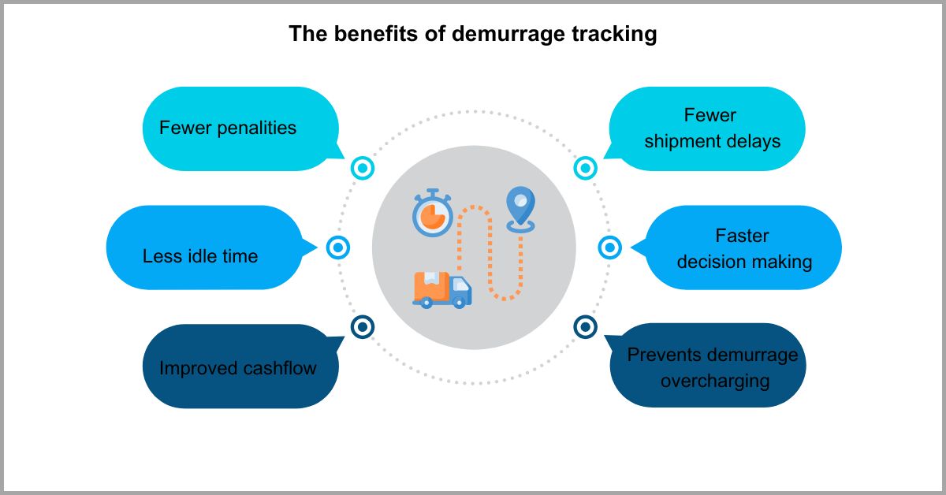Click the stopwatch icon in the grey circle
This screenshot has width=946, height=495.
click(x=432, y=213)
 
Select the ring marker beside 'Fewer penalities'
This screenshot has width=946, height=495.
click(x=362, y=168)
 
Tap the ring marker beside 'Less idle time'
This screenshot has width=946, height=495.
click(x=337, y=247)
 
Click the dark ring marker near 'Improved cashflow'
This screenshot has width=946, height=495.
click(x=362, y=326)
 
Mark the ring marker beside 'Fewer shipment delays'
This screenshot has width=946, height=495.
click(x=585, y=168)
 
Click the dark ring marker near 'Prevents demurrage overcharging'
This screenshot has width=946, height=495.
click(x=585, y=326)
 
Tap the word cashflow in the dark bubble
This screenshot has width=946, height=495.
click(x=277, y=368)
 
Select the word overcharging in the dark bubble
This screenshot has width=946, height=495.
click(x=714, y=381)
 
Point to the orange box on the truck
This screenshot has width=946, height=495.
click(x=430, y=285)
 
